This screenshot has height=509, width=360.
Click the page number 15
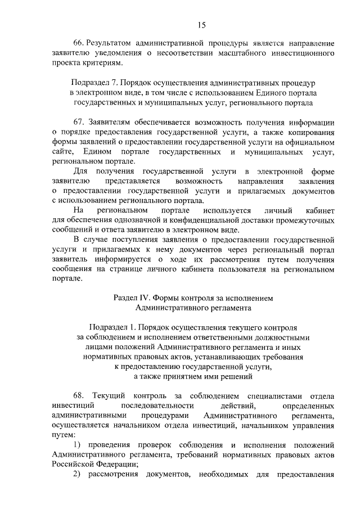[x=202, y=24]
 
